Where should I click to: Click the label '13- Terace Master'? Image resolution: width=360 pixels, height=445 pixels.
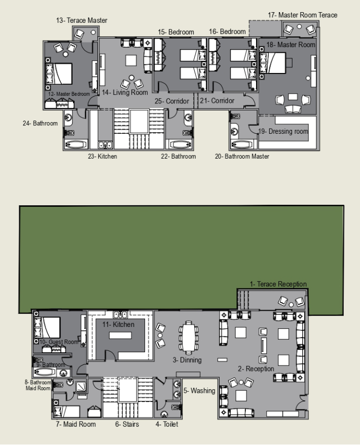pyautogui.click(x=82, y=20)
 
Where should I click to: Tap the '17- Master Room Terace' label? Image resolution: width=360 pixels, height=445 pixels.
pyautogui.click(x=303, y=15)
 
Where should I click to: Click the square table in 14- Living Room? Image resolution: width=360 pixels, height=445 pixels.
pyautogui.click(x=131, y=60)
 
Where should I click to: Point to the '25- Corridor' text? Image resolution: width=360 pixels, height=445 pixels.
pyautogui.click(x=172, y=101)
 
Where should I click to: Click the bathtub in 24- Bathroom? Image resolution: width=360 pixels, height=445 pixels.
pyautogui.click(x=76, y=144)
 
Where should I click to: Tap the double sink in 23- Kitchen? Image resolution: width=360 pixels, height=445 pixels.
pyautogui.click(x=105, y=145)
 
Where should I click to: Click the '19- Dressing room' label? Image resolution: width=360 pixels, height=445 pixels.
pyautogui.click(x=283, y=131)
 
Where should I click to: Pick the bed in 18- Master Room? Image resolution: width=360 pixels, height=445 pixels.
pyautogui.click(x=273, y=63)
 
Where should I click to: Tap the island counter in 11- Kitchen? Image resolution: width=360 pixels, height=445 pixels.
pyautogui.click(x=120, y=336)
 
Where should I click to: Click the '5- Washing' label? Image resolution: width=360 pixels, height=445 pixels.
pyautogui.click(x=199, y=391)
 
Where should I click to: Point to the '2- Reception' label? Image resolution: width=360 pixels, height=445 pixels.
pyautogui.click(x=256, y=368)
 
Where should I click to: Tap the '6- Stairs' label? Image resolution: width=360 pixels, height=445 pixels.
pyautogui.click(x=127, y=424)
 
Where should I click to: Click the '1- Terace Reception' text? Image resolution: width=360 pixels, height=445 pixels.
pyautogui.click(x=278, y=284)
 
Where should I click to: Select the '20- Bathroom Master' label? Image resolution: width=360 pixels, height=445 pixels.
pyautogui.click(x=242, y=157)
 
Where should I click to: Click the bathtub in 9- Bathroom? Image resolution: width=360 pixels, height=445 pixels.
pyautogui.click(x=45, y=372)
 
